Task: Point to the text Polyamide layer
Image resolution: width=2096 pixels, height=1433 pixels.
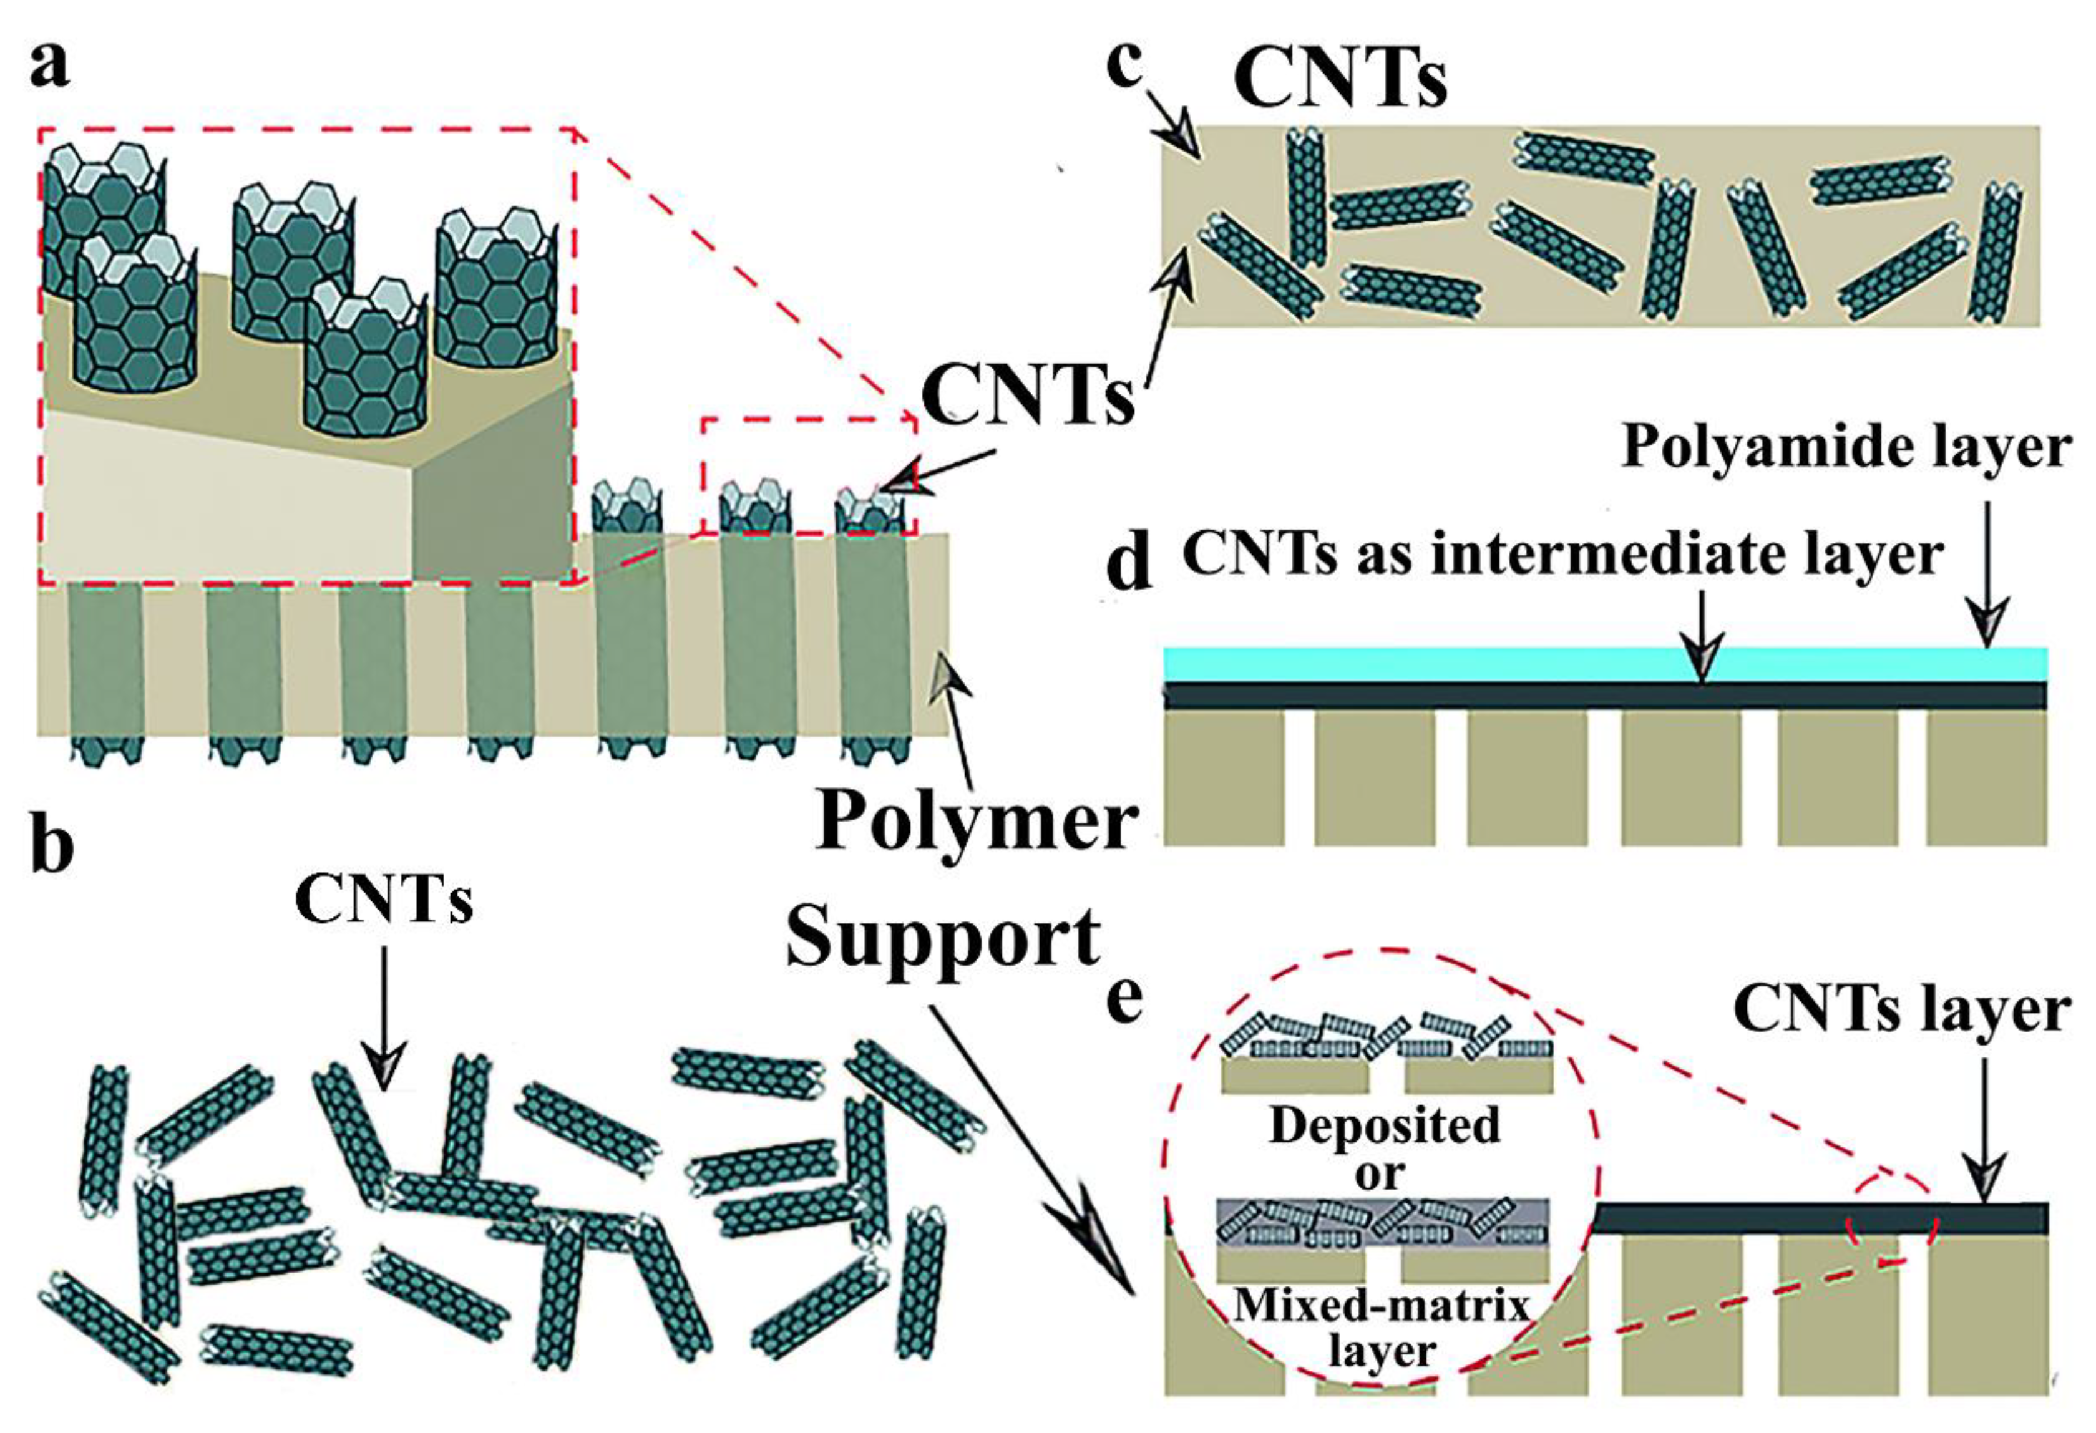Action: pyautogui.click(x=1845, y=447)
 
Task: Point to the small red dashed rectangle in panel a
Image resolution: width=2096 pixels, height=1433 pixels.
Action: pyautogui.click(x=808, y=476)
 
